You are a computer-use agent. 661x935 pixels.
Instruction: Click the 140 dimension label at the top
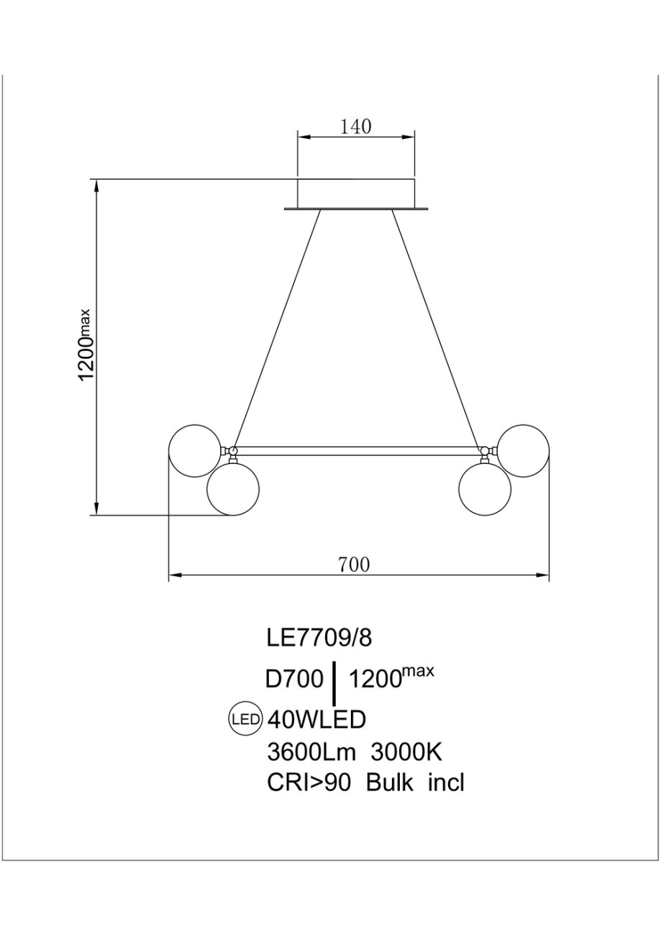pos(356,127)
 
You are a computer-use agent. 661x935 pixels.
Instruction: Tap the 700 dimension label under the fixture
pos(354,565)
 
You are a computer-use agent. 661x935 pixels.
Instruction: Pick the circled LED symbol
pos(246,719)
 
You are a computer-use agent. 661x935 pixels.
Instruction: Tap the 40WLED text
pos(316,719)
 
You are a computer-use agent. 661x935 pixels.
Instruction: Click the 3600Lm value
pos(311,752)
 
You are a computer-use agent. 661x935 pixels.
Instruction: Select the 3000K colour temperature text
pos(406,752)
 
